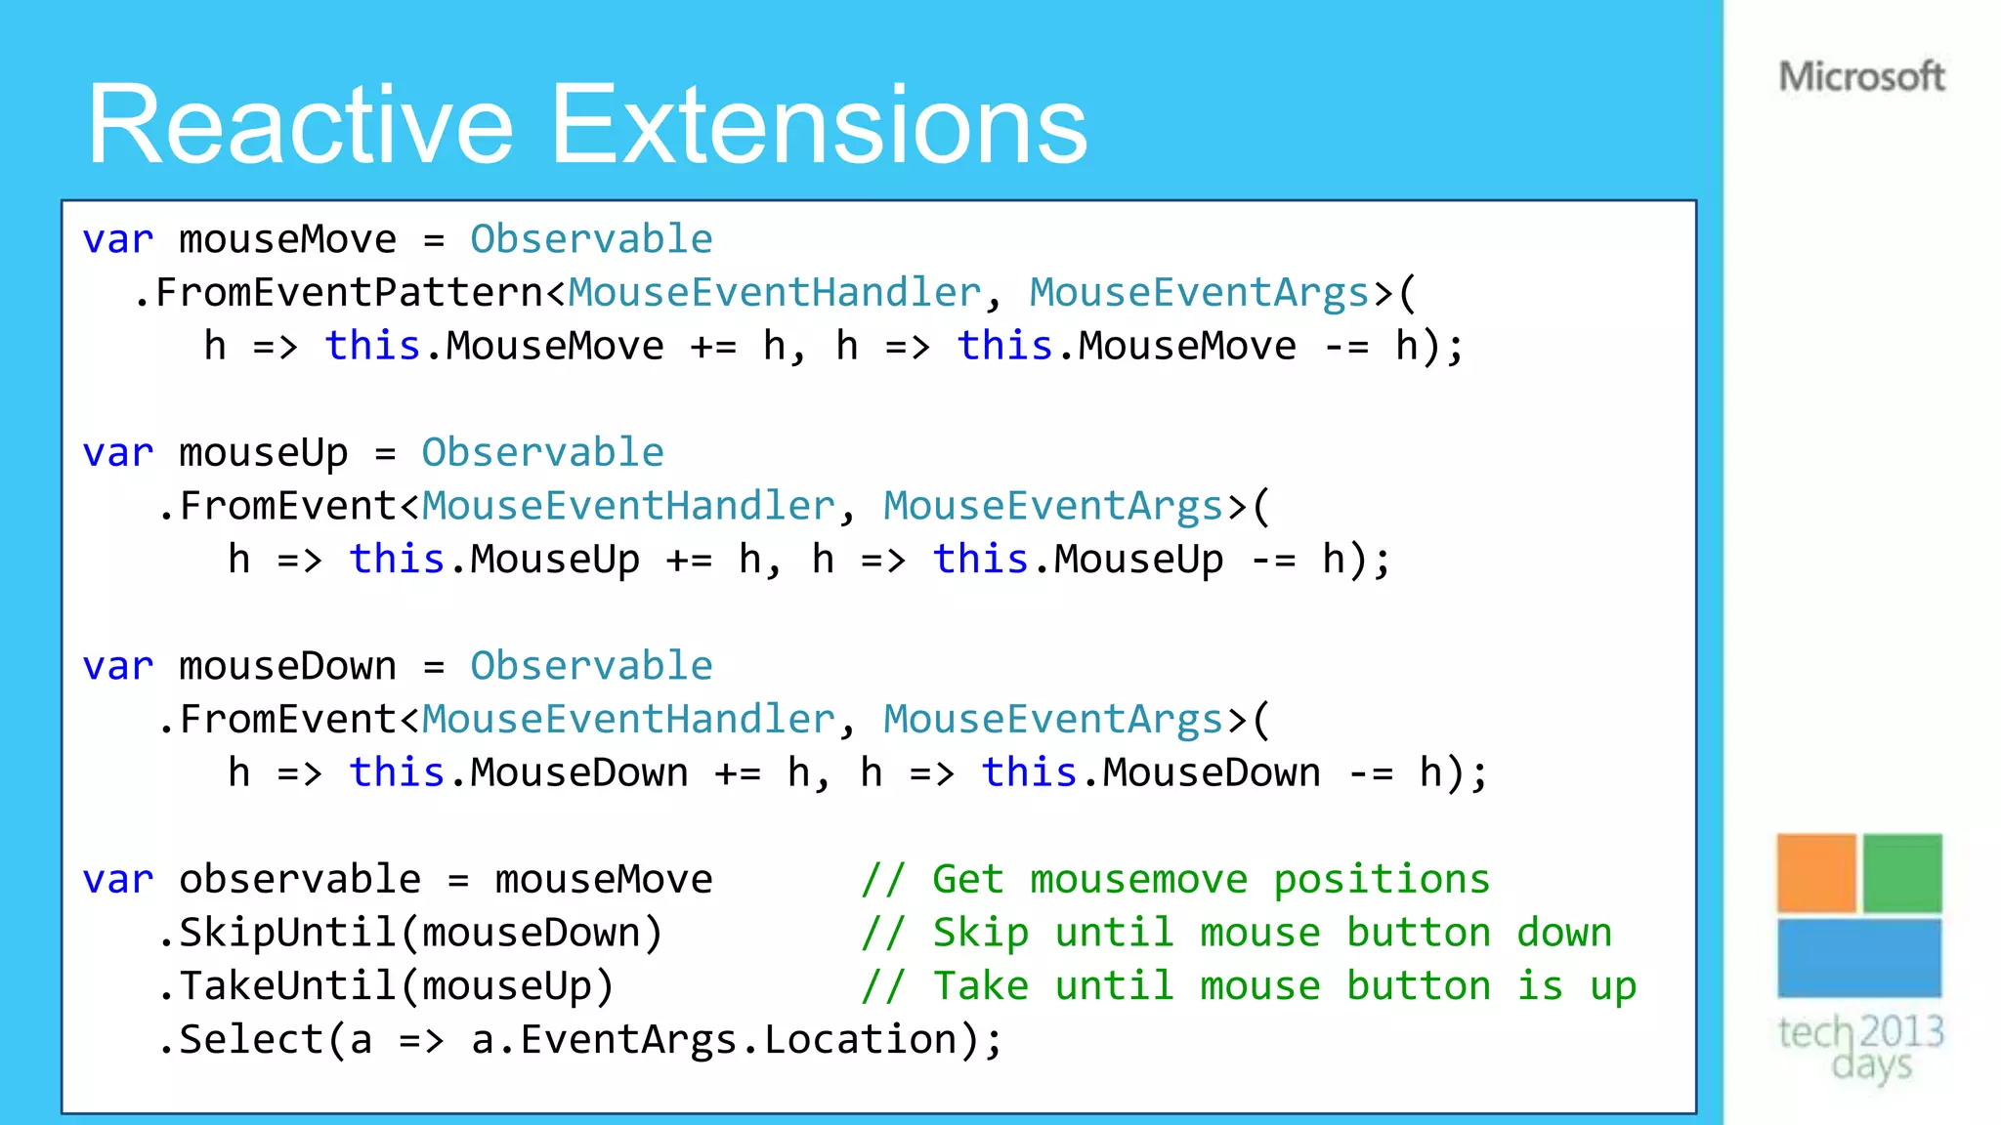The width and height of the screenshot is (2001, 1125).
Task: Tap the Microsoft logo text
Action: (1861, 76)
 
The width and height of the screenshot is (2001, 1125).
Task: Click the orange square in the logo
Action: (1815, 872)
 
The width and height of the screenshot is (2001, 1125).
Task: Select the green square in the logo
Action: (1902, 872)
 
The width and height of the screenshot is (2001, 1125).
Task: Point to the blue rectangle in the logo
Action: (1858, 957)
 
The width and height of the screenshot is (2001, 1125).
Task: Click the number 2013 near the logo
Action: (1901, 1031)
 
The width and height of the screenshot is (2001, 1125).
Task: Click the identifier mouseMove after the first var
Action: (287, 239)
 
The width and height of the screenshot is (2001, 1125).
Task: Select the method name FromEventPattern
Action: (349, 293)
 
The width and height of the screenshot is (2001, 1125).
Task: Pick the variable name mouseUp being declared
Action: (263, 453)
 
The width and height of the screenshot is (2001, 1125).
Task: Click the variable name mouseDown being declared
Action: (287, 666)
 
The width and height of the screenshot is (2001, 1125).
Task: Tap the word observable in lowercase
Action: (300, 879)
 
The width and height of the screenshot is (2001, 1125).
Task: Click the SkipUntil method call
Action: (287, 933)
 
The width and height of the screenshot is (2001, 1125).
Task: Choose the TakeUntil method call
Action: (287, 986)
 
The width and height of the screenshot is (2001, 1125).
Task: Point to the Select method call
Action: (251, 1039)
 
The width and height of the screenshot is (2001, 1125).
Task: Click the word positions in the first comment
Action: (1382, 879)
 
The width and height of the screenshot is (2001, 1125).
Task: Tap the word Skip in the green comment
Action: (980, 933)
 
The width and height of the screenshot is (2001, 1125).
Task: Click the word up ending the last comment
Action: (1613, 986)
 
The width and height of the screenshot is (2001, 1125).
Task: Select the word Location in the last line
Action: (860, 1039)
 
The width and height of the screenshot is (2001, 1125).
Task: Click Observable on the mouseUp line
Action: (542, 453)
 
